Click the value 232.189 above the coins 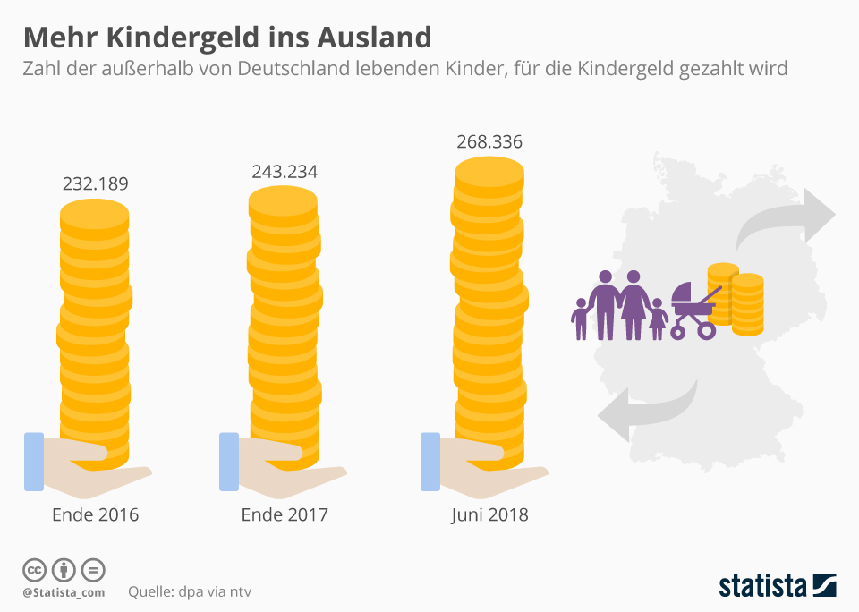pyautogui.click(x=95, y=184)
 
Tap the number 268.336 pyautogui.click(x=489, y=142)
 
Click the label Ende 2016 pyautogui.click(x=96, y=515)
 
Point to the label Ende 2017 pyautogui.click(x=285, y=515)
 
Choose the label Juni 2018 pyautogui.click(x=489, y=515)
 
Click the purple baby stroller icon pyautogui.click(x=694, y=310)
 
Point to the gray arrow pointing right pyautogui.click(x=787, y=217)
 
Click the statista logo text pyautogui.click(x=762, y=586)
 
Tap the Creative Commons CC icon pyautogui.click(x=34, y=570)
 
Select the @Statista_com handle pyautogui.click(x=64, y=592)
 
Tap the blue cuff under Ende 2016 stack pyautogui.click(x=34, y=461)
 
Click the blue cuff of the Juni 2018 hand pyautogui.click(x=431, y=461)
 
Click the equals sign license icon pyautogui.click(x=93, y=570)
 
